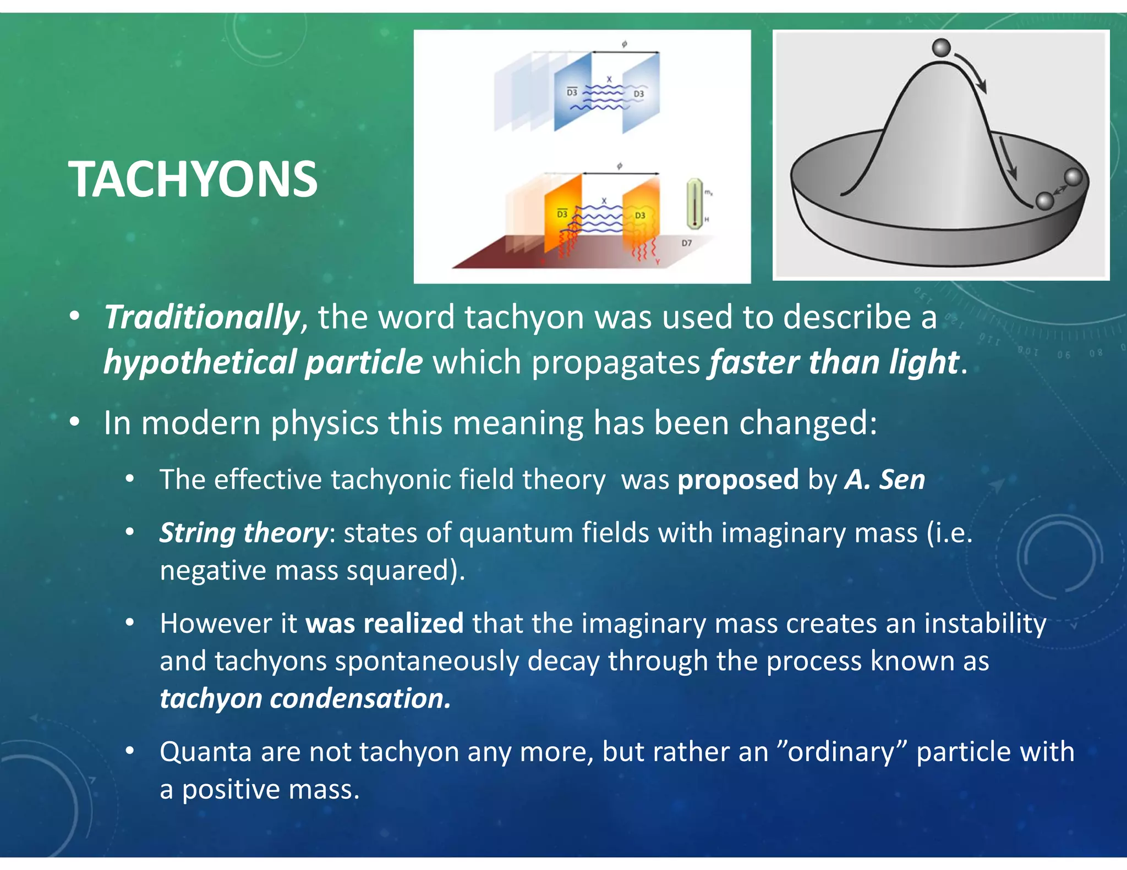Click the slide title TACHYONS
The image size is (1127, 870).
pos(193,179)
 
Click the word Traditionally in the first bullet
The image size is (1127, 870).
pos(201,317)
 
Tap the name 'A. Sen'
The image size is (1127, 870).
pos(885,480)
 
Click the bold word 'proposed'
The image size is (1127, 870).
pos(737,480)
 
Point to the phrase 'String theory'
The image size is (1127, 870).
pos(243,533)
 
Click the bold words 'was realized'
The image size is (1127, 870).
pos(384,624)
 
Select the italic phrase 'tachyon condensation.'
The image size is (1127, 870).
pos(305,698)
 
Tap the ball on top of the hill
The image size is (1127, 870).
pos(942,47)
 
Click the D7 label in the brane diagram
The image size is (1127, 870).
pos(687,243)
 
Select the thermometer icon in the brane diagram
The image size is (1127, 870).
pos(694,203)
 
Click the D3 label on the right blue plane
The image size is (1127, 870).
pos(638,94)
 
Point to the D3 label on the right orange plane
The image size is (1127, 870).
pos(640,216)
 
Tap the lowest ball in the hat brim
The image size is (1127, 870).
pos(1044,201)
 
